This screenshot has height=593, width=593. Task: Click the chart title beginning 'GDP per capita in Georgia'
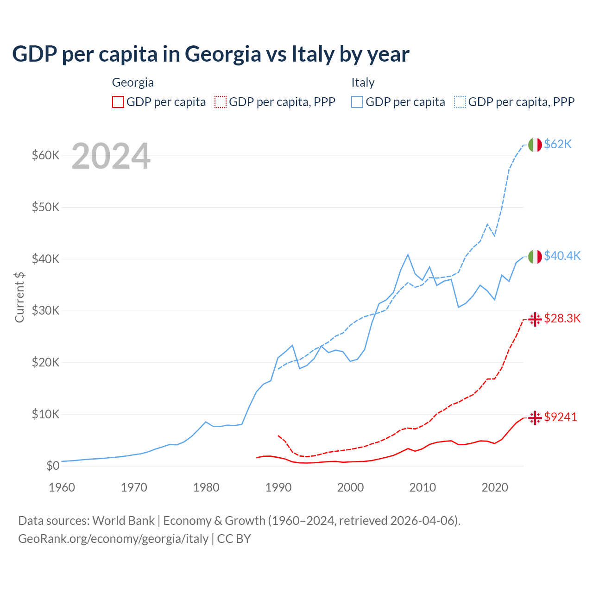click(210, 54)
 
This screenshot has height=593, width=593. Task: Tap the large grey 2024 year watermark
click(111, 156)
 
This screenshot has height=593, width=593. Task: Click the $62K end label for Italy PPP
click(558, 145)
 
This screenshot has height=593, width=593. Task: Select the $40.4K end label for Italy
click(562, 256)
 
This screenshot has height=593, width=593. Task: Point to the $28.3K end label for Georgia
click(562, 318)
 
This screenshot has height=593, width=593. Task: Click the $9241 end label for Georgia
click(561, 417)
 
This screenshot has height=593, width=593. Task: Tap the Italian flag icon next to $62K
click(535, 145)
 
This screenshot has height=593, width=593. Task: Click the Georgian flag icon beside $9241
click(535, 417)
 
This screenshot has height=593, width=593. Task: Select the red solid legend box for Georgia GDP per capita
click(118, 102)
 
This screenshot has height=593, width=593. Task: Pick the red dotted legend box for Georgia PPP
click(221, 102)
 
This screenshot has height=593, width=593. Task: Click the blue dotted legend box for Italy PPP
click(460, 102)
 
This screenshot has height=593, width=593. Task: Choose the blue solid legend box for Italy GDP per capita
click(357, 102)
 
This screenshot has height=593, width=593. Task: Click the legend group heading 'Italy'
click(363, 82)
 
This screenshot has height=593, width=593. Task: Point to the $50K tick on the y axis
click(45, 207)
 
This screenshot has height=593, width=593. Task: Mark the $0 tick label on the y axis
click(52, 466)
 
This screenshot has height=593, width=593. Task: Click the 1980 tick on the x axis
click(206, 487)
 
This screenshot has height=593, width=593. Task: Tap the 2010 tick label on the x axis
click(423, 487)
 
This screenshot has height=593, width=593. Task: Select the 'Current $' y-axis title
click(19, 297)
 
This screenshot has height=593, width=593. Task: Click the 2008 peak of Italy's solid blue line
click(408, 254)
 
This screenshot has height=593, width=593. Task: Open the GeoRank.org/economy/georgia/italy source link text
click(113, 539)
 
